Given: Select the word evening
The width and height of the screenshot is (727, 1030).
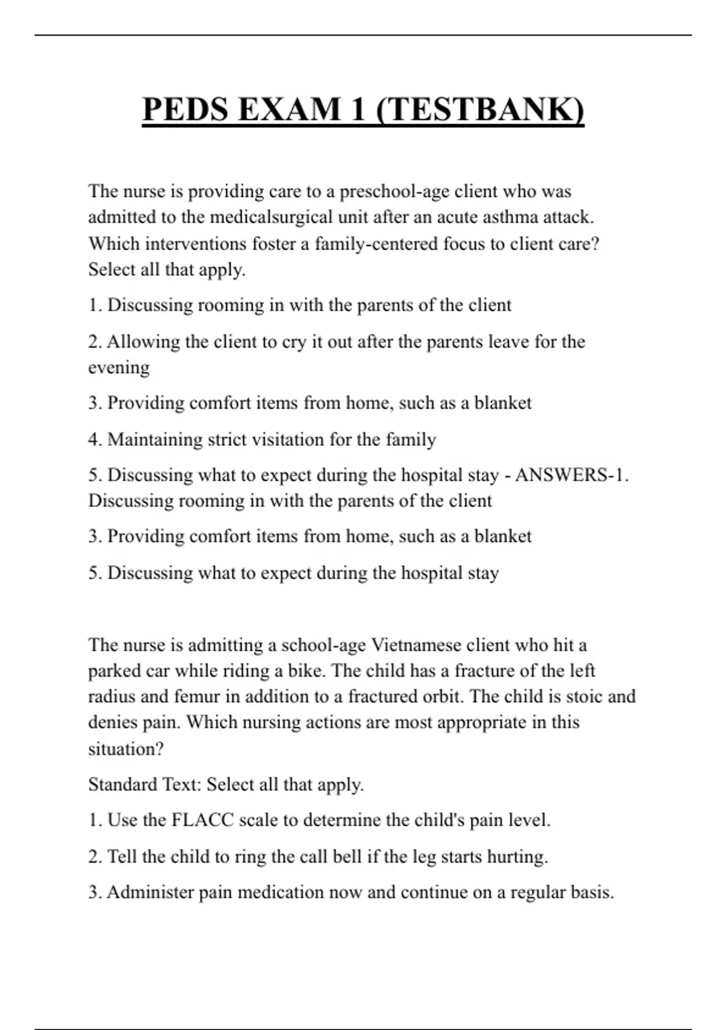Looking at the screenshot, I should pos(119,368).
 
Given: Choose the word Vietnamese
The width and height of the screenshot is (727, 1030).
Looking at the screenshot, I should pos(418,645).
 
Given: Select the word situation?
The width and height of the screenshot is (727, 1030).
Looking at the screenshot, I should pos(126,749).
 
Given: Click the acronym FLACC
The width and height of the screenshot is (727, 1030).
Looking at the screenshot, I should pos(203,820).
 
